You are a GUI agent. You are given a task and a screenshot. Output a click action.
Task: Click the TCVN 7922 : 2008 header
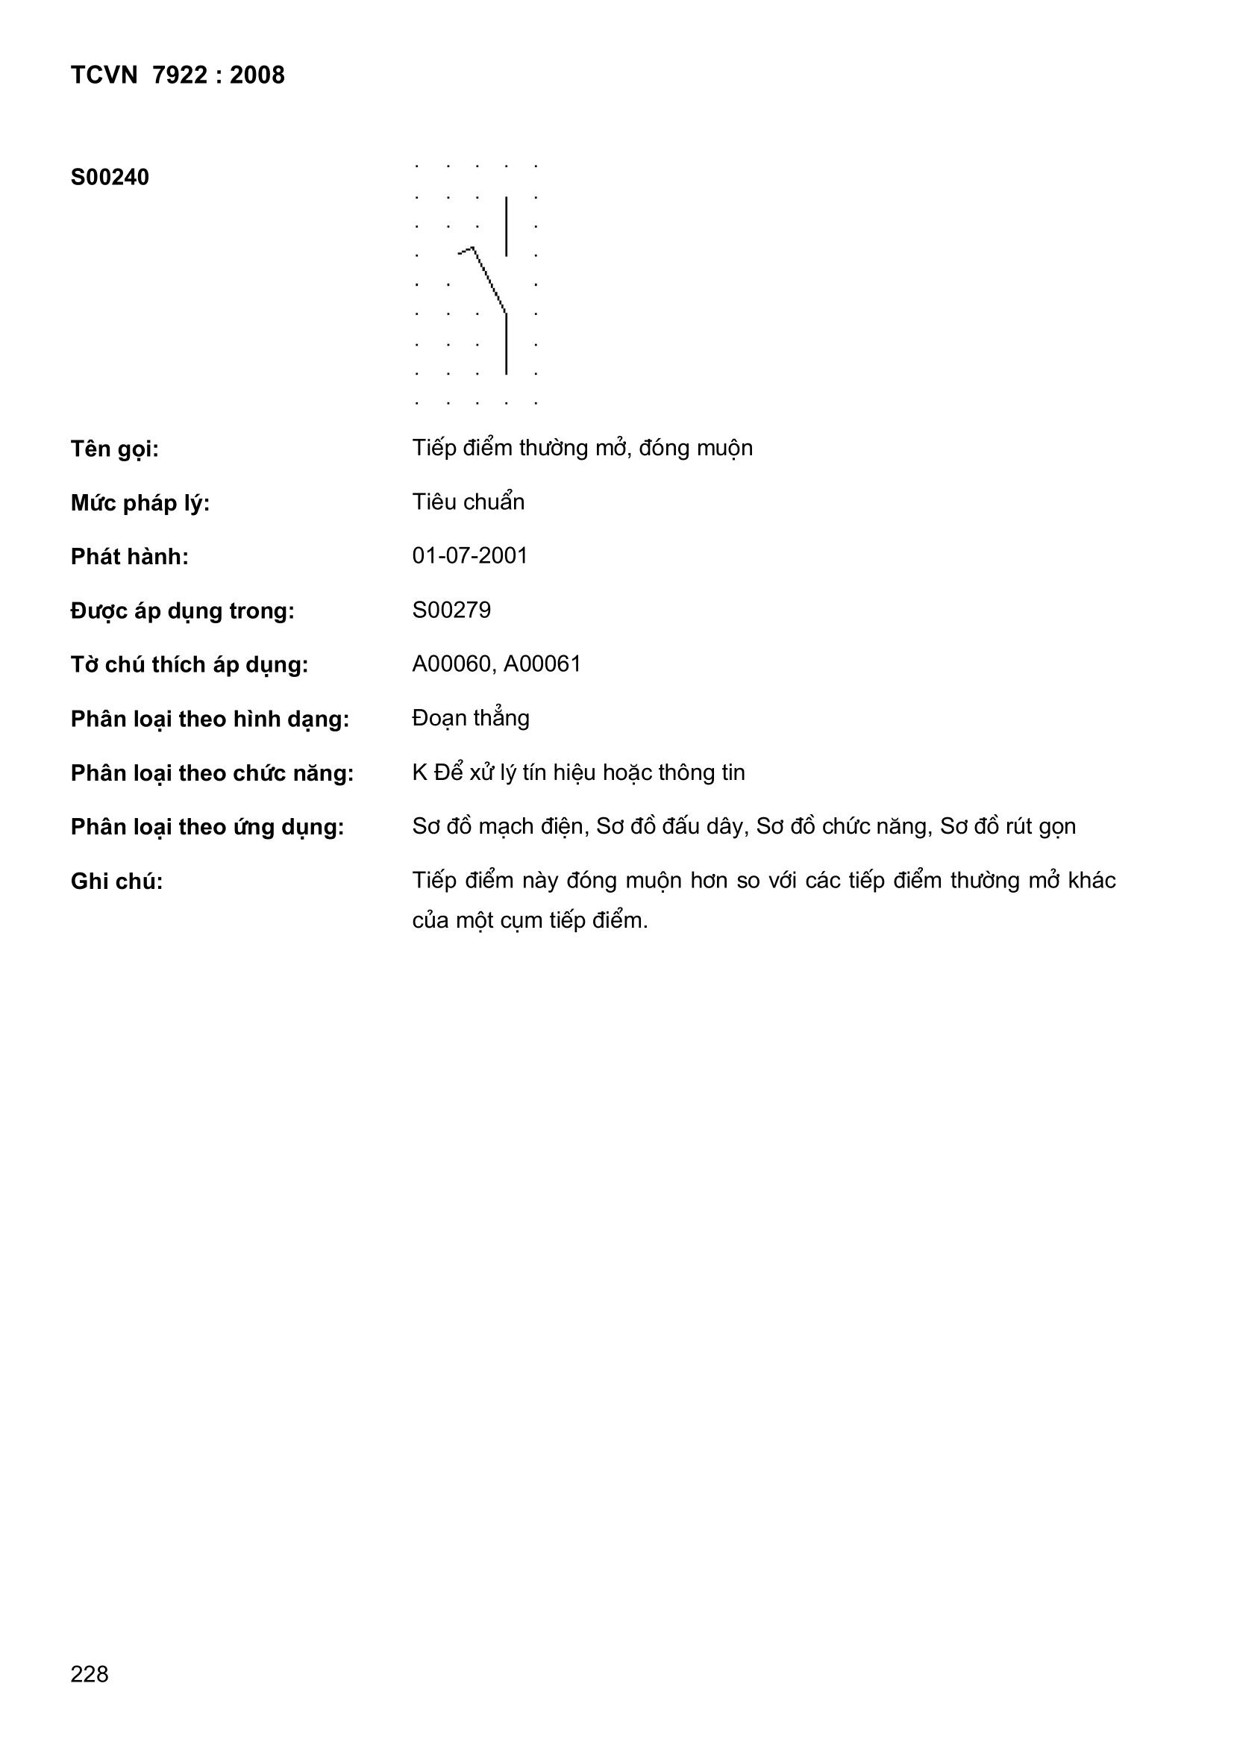click(177, 75)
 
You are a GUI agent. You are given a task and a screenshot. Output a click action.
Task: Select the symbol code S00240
click(110, 178)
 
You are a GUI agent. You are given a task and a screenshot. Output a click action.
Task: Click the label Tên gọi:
click(114, 449)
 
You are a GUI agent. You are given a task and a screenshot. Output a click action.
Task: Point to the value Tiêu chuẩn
click(468, 502)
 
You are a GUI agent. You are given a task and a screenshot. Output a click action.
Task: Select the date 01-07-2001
click(469, 556)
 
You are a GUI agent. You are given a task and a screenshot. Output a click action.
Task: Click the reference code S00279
click(451, 611)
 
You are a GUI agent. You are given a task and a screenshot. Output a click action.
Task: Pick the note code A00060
click(453, 664)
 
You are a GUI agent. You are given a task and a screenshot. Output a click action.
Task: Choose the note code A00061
click(542, 664)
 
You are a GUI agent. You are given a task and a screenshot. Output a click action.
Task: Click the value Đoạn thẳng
click(470, 718)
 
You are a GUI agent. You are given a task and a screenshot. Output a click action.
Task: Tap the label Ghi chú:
click(116, 881)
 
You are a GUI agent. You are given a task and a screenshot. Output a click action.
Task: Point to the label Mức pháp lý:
click(140, 503)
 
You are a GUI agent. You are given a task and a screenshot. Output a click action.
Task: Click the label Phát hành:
click(129, 557)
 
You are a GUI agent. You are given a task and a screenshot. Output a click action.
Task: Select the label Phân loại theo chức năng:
click(212, 774)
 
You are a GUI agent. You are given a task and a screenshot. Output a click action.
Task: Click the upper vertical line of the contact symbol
click(506, 225)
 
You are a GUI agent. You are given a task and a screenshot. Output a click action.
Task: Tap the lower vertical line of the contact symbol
click(506, 343)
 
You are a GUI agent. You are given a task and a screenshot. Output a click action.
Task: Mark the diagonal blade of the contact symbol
click(490, 281)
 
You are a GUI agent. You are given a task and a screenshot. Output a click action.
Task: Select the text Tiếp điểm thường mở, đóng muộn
click(582, 449)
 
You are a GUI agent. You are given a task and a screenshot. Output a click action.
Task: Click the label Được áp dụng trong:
click(182, 611)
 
